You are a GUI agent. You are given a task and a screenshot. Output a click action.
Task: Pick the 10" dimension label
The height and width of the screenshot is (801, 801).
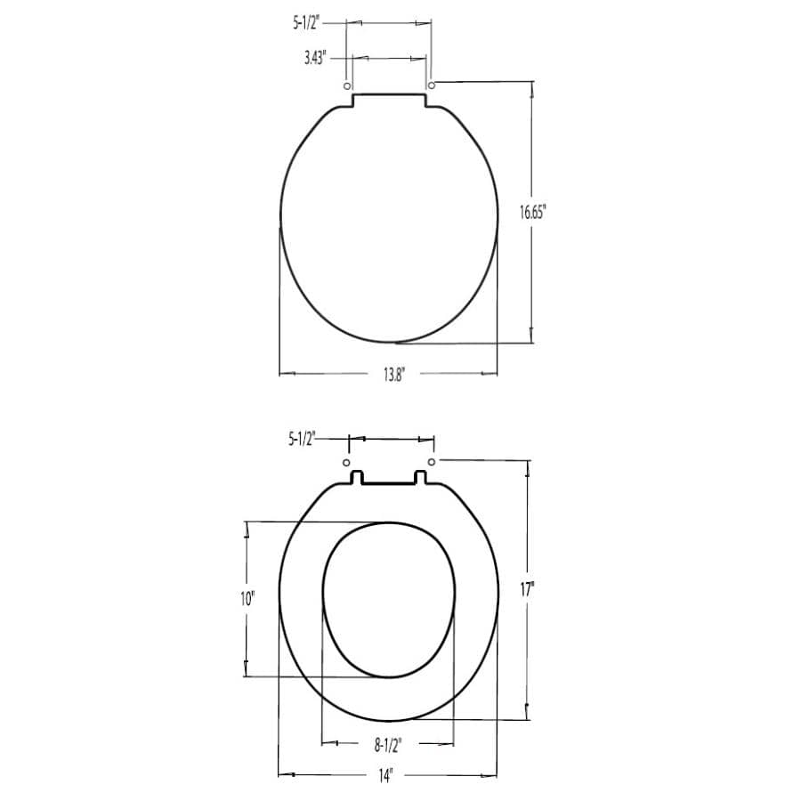pos(247,599)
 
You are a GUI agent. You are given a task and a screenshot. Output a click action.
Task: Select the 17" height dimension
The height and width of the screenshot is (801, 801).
pos(527,588)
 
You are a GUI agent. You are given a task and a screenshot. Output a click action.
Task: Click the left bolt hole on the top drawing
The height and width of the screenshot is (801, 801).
pos(346,85)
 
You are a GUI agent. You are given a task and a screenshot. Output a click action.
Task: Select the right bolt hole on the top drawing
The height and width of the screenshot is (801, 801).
pos(432,85)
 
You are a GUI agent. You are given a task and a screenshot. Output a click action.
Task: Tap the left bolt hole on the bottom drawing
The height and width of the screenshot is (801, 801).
pos(346,463)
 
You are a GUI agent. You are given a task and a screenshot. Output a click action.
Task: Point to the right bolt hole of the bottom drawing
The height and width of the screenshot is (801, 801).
pos(432,463)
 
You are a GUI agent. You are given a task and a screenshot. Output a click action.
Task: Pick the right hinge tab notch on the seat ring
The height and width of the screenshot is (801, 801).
pos(423,478)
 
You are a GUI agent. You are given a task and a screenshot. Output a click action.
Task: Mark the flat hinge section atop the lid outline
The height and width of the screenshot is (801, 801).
pos(389,95)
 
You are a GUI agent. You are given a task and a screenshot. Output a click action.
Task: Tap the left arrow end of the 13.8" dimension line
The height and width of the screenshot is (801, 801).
pos(281,374)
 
